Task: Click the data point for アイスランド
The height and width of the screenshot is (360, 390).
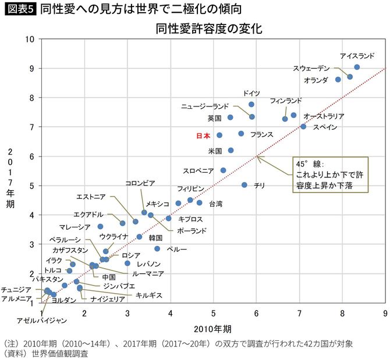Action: [x=357, y=67]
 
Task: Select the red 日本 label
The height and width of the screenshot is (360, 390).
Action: [x=203, y=135]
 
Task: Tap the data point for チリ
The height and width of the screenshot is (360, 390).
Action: [x=244, y=185]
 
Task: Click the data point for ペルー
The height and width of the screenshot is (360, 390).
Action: [x=157, y=248]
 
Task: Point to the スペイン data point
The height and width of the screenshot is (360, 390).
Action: [x=303, y=126]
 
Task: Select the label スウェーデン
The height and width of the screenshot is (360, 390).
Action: [x=311, y=68]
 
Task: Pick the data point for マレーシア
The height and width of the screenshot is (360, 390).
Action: [x=100, y=226]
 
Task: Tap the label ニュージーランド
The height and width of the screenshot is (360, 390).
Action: [x=205, y=106]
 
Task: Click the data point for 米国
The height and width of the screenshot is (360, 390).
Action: [x=231, y=150]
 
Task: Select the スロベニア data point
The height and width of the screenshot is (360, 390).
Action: [x=223, y=170]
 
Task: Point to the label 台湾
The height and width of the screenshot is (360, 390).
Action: [x=215, y=204]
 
